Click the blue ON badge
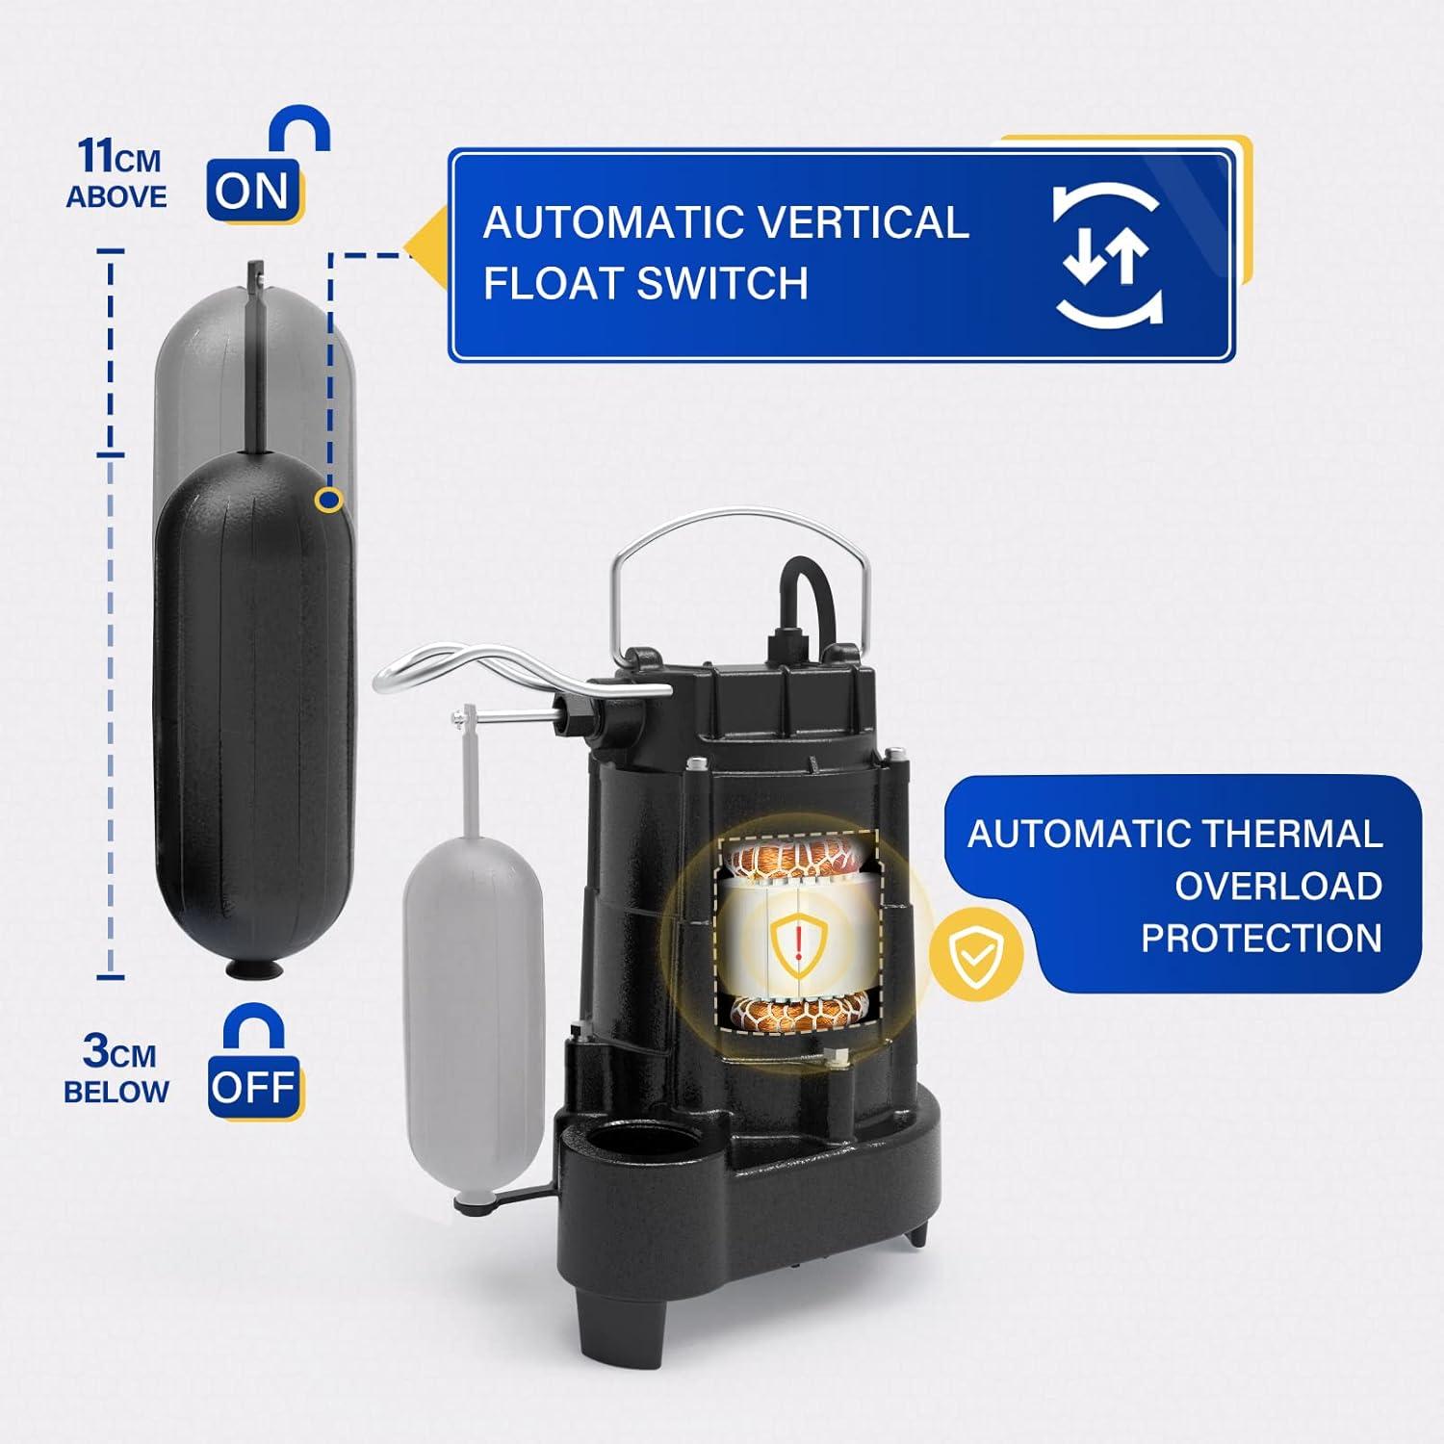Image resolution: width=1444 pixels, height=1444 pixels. (x=252, y=192)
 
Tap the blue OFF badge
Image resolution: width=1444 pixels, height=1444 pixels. (x=252, y=1087)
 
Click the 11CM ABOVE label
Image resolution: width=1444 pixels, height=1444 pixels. (x=117, y=174)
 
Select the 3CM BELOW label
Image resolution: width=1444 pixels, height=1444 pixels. (x=116, y=1070)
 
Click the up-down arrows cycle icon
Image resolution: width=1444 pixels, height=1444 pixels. (x=1107, y=255)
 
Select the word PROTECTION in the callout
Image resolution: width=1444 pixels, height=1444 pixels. (x=1261, y=938)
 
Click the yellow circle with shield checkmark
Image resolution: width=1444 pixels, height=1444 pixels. (x=975, y=955)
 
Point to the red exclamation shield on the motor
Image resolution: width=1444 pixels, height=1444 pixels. (x=800, y=944)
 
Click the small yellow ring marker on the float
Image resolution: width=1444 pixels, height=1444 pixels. (x=330, y=500)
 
